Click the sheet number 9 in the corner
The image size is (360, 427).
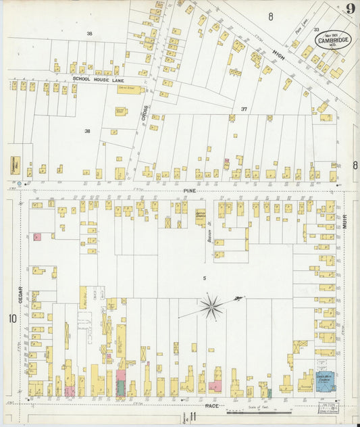[350, 9]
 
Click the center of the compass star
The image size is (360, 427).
[211, 308]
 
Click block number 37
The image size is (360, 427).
[244, 108]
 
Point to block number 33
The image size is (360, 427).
[315, 29]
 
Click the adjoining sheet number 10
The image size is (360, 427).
[11, 318]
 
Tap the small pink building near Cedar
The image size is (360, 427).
[38, 236]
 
